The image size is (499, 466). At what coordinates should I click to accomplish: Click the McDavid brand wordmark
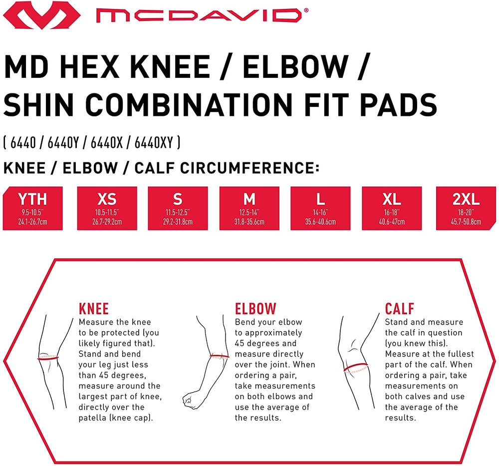click(202, 15)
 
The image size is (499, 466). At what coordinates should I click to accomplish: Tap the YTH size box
click(33, 208)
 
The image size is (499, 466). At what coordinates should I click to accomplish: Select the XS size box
click(107, 208)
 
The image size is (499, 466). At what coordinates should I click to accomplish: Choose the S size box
click(178, 208)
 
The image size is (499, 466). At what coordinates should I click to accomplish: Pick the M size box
click(249, 208)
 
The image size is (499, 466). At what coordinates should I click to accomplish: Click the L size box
click(320, 208)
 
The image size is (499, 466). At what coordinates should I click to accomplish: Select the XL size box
click(392, 208)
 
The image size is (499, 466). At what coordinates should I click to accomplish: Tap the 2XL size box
click(466, 208)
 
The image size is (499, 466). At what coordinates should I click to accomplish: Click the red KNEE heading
click(94, 309)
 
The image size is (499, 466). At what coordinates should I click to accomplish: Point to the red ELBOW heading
click(255, 309)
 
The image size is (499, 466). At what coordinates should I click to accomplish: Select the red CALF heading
click(399, 309)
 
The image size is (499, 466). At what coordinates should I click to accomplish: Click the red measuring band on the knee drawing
click(48, 358)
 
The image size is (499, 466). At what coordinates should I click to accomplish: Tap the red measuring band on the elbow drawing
click(219, 356)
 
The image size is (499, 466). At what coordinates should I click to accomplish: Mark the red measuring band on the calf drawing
click(355, 368)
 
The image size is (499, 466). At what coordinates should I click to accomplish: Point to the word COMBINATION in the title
click(189, 105)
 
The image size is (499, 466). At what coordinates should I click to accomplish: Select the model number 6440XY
click(154, 143)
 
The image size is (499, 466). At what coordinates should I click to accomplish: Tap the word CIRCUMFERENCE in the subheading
click(250, 168)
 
